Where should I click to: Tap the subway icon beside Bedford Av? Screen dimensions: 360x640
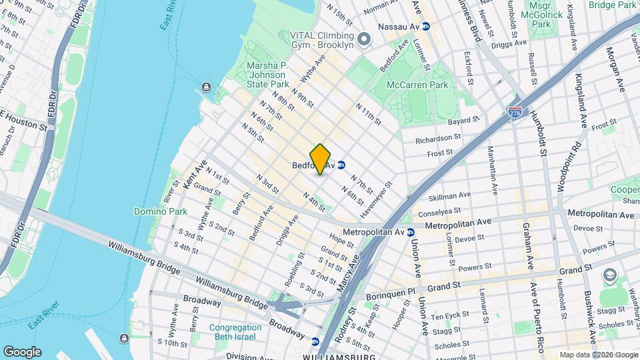pos(341,165)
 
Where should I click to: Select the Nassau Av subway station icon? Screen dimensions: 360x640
pos(425,26)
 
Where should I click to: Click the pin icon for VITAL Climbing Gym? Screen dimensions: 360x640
pos(363,39)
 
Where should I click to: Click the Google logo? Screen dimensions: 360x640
pos(21,351)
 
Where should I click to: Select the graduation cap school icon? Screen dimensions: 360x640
pos(609,275)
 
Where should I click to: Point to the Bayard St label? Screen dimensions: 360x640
pos(464,121)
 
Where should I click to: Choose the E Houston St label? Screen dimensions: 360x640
pos(23,126)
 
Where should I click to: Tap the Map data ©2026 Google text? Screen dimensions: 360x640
pos(598,355)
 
